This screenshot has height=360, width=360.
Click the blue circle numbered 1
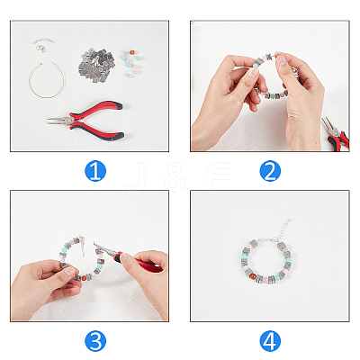(x=95, y=171)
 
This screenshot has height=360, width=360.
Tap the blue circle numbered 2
(x=270, y=171)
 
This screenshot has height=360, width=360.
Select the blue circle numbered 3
(x=95, y=341)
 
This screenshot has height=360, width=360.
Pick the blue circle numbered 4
(x=270, y=341)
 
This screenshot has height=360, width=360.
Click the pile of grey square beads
(x=96, y=63)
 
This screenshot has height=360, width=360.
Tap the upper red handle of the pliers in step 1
(x=97, y=109)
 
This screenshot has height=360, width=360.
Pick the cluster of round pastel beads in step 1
(x=132, y=62)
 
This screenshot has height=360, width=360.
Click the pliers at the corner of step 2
(x=336, y=134)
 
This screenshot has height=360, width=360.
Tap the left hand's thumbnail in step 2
(x=253, y=72)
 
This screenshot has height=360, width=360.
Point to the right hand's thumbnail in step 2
(x=282, y=61)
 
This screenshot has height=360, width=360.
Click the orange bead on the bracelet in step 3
(x=85, y=277)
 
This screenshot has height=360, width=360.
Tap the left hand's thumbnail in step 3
(x=69, y=271)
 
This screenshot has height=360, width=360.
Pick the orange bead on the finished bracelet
(x=254, y=275)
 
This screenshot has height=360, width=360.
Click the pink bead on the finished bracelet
(x=266, y=280)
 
